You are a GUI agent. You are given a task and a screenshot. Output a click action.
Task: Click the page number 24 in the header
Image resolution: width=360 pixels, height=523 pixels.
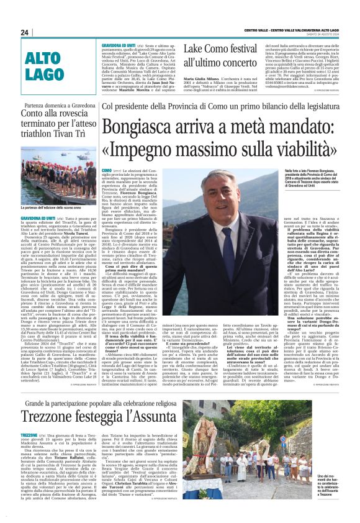[x=25, y=32]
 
